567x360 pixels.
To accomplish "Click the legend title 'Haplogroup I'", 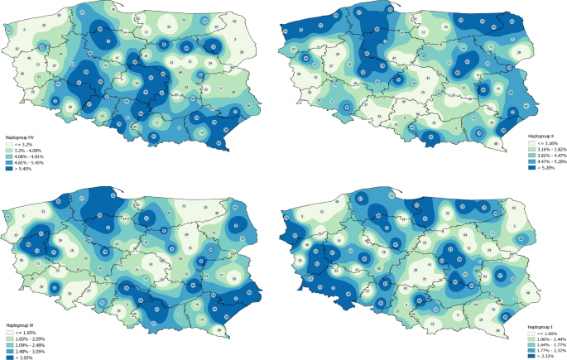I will [x=539, y=325].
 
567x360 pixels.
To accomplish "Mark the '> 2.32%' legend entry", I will [x=542, y=355].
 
